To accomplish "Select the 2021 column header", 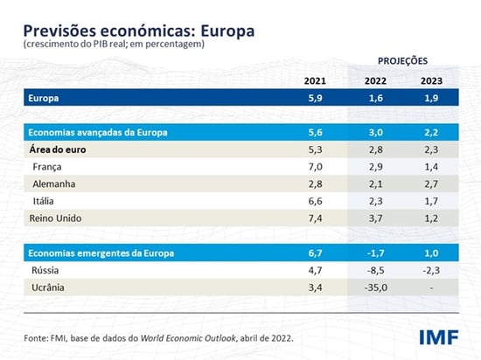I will pyautogui.click(x=314, y=81).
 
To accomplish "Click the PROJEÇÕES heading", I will pyautogui.click(x=403, y=63).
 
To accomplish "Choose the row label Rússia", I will pyautogui.click(x=47, y=269).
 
